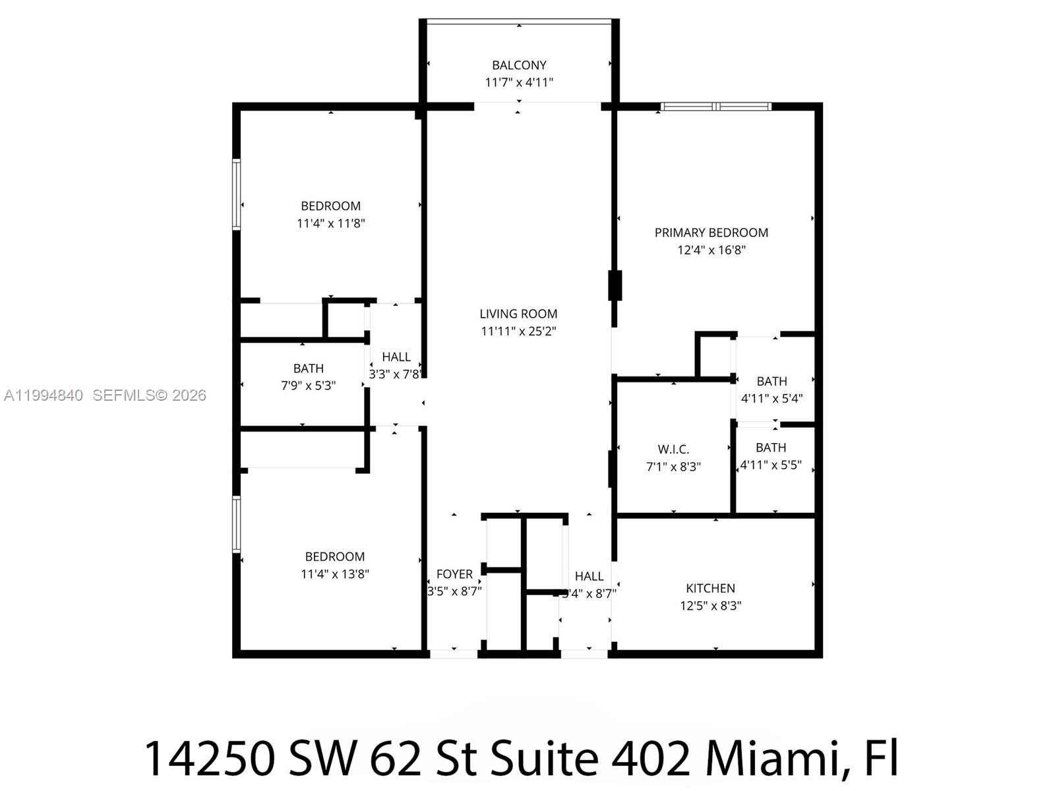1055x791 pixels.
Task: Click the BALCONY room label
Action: click(x=519, y=65)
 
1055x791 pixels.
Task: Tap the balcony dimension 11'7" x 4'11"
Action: click(x=519, y=82)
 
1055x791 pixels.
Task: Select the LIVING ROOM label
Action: click(x=518, y=314)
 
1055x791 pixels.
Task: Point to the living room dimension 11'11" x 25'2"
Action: click(x=518, y=331)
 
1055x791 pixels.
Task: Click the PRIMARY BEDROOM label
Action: click(x=711, y=233)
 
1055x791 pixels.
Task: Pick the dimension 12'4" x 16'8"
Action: click(x=711, y=250)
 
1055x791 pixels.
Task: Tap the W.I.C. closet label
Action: click(x=673, y=450)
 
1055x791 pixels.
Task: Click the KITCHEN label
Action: click(x=710, y=588)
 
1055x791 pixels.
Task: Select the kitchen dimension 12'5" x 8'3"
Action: click(x=710, y=605)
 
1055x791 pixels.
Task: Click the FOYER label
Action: click(x=454, y=574)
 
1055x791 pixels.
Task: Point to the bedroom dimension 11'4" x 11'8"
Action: click(x=330, y=223)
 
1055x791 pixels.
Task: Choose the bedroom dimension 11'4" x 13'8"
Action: click(x=334, y=573)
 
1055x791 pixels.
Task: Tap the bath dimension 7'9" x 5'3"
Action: click(x=308, y=386)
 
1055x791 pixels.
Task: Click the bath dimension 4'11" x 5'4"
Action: click(x=771, y=398)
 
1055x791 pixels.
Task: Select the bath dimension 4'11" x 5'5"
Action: click(x=771, y=465)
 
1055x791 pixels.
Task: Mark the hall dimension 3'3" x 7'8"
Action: click(x=395, y=374)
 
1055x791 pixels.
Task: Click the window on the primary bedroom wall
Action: click(x=716, y=106)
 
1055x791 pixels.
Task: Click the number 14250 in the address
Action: click(x=209, y=758)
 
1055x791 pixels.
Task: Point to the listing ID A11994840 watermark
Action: click(x=44, y=395)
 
